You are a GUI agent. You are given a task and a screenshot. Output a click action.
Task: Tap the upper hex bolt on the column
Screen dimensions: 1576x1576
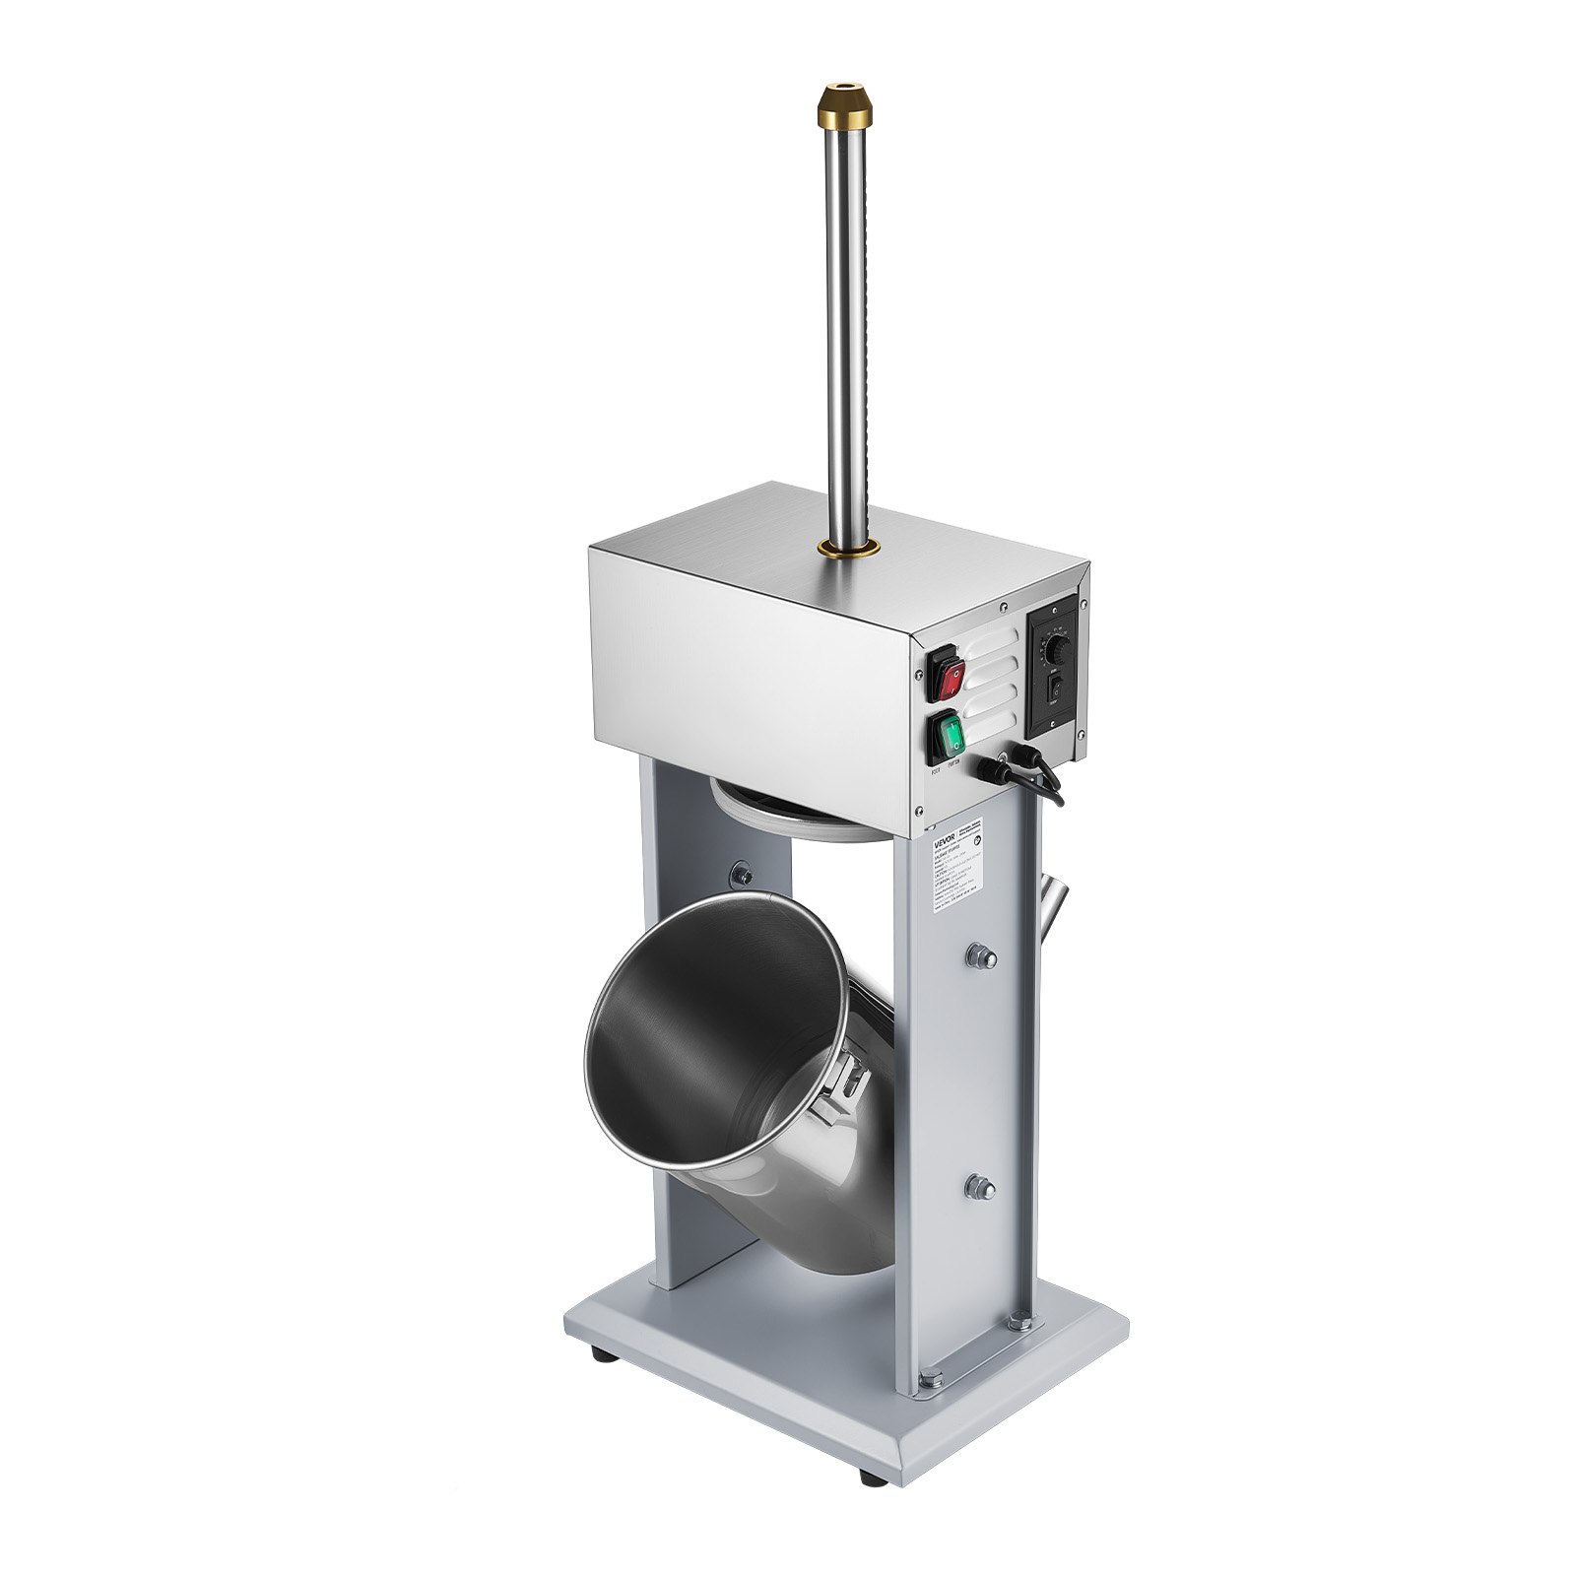[981, 955]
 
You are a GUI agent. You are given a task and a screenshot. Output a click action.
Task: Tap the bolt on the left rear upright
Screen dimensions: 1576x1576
[740, 873]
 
